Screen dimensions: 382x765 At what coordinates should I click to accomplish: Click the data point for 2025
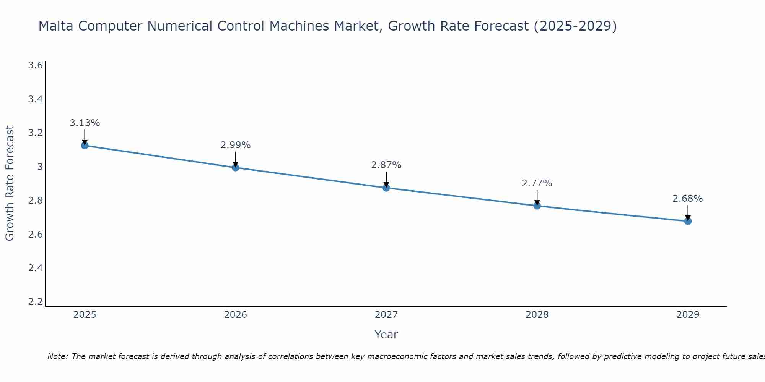pos(85,146)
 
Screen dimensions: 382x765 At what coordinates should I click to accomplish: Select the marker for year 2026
pos(236,168)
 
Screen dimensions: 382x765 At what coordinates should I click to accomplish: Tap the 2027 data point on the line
pos(386,188)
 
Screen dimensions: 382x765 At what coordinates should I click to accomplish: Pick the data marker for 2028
pos(537,206)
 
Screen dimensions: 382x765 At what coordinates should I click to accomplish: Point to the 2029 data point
pos(688,221)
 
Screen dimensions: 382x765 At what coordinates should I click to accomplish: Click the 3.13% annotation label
pos(85,123)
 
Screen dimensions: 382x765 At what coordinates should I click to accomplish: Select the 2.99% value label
pos(236,145)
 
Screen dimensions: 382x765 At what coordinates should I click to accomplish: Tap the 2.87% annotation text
pos(386,165)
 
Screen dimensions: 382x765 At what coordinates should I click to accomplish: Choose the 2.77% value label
pos(537,183)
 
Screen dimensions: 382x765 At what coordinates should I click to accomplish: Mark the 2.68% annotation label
pos(688,199)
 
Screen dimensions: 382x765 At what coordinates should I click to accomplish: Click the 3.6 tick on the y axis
pos(36,65)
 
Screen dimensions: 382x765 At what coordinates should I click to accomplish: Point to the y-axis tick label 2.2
pos(36,302)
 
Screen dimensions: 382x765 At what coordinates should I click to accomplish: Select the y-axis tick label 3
pos(40,167)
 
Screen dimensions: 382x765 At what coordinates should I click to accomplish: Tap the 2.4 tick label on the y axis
pos(36,268)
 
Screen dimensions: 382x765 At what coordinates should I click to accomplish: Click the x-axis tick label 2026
pos(236,315)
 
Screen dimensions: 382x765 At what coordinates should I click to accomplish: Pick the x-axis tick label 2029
pos(688,315)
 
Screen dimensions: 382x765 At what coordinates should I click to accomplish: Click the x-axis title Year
pos(386,335)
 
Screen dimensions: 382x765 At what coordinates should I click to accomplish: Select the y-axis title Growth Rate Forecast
pos(10,183)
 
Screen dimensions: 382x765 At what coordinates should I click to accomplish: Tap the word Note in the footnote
pos(57,356)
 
